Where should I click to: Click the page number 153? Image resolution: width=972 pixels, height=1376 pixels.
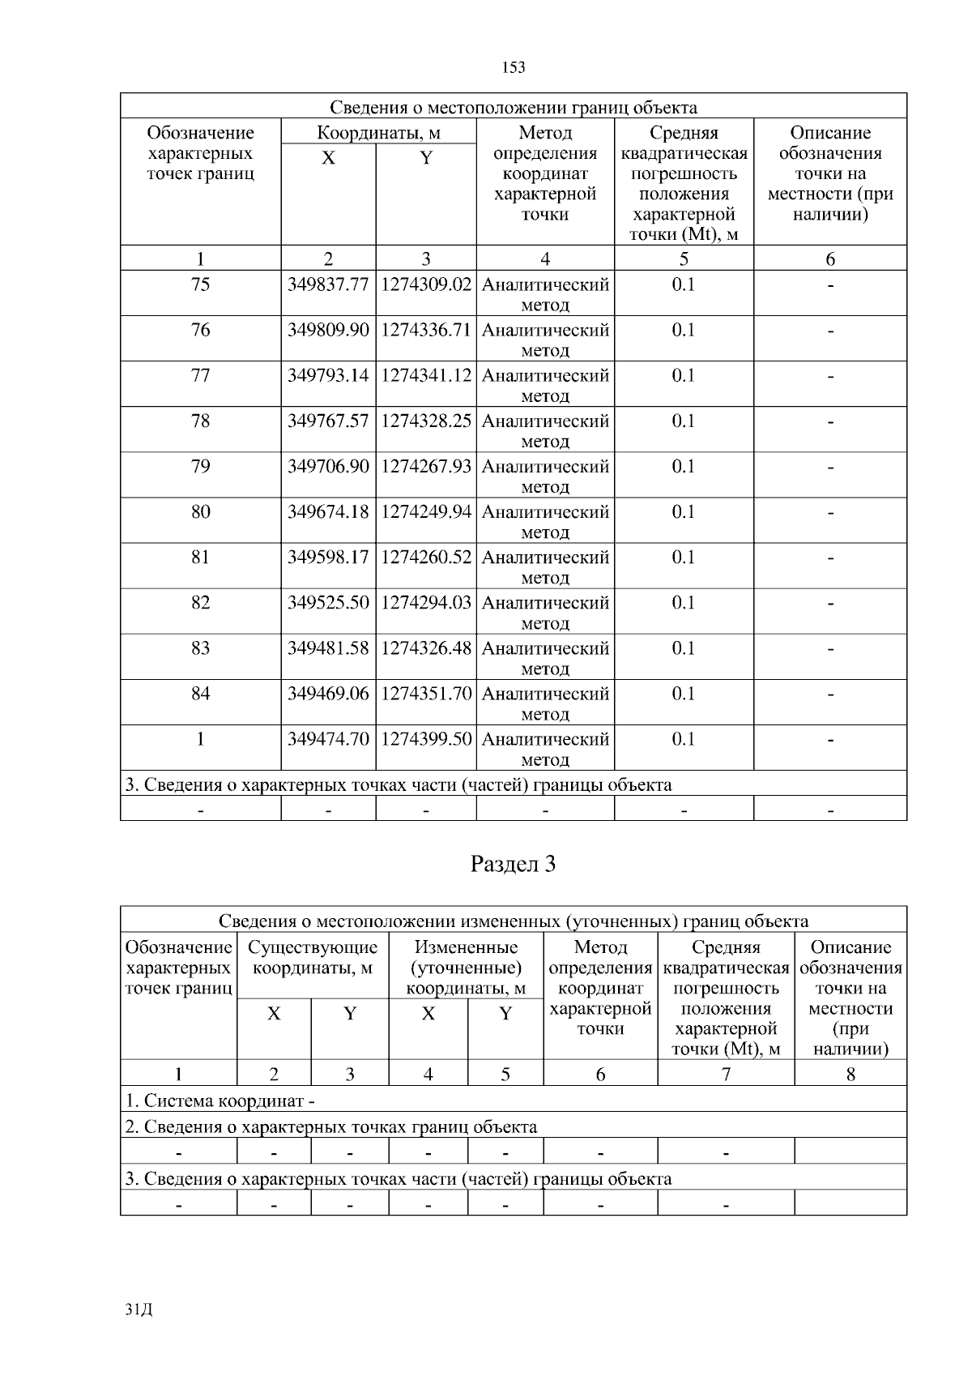514,67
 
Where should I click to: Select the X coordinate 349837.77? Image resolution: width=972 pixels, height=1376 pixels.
328,285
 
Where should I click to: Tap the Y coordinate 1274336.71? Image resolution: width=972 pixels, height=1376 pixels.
426,331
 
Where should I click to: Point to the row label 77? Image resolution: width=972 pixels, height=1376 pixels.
200,376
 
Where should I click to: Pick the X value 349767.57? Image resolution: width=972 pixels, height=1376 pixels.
328,421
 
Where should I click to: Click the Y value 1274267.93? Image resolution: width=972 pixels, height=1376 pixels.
426,467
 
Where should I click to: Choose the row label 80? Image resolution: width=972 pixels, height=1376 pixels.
200,512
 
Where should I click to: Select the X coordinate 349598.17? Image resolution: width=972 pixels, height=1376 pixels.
328,558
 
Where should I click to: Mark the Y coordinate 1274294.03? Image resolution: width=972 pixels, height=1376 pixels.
426,603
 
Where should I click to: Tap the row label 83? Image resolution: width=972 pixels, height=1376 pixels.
200,648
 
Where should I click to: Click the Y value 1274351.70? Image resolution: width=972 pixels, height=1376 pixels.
426,694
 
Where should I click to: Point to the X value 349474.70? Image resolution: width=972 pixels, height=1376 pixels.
328,739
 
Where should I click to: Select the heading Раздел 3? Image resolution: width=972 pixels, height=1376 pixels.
513,865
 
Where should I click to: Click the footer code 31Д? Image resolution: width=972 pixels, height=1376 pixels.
139,1310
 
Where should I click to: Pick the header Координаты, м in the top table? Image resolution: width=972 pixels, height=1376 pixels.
378,133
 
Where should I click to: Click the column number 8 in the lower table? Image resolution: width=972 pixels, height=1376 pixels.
850,1075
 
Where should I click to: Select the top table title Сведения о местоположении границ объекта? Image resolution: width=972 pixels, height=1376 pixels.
513,108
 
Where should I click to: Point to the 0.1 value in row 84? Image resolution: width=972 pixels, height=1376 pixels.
684,694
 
